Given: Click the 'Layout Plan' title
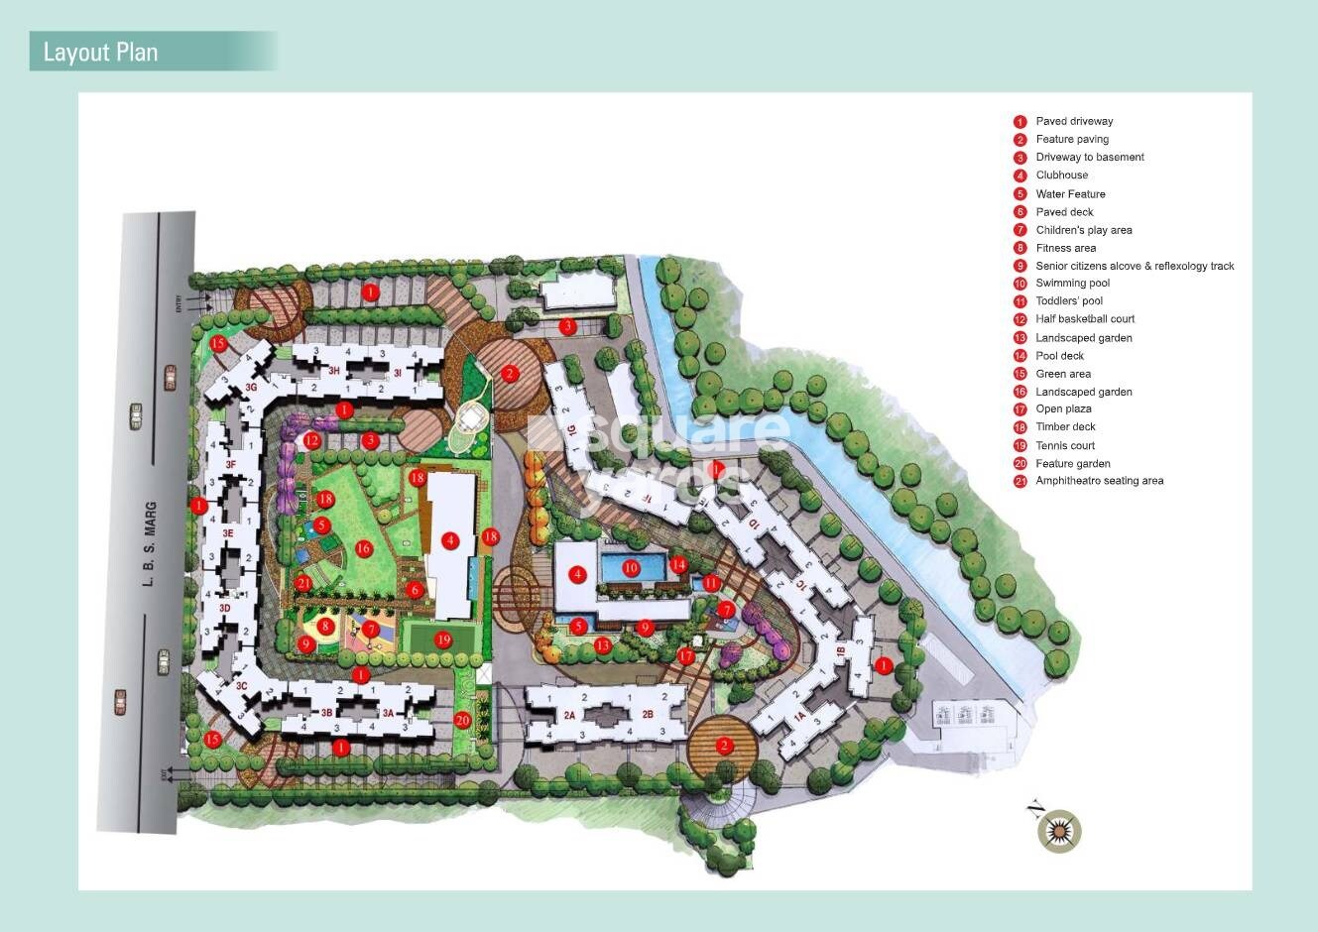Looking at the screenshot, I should (x=100, y=52).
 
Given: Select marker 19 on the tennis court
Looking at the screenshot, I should (x=443, y=640).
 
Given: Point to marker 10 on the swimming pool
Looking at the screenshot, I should (x=631, y=568).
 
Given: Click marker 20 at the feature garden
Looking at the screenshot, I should (x=462, y=720).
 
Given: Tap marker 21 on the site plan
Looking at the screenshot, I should (x=303, y=584).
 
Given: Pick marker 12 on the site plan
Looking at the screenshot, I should (x=312, y=440).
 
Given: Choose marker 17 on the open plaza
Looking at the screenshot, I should (x=686, y=656).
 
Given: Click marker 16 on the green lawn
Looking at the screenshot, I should (x=363, y=548).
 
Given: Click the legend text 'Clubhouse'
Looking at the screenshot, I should (x=1061, y=175).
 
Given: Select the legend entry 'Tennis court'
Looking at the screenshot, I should (x=1065, y=446).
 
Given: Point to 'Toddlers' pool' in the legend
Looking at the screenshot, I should (x=1069, y=301).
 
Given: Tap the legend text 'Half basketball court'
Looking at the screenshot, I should (x=1085, y=319).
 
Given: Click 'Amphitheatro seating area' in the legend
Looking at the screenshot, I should (x=1099, y=481).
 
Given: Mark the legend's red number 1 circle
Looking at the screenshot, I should (x=1019, y=122).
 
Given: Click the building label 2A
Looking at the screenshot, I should (x=569, y=715).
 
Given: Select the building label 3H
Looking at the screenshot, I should (x=334, y=371).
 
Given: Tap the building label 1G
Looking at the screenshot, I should (x=571, y=429).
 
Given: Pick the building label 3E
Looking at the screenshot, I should (x=228, y=533).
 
